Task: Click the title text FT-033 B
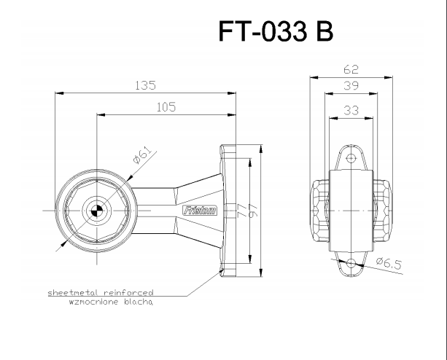point(276,31)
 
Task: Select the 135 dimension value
point(145,85)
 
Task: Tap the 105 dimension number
point(166,107)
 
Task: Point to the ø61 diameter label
point(143,155)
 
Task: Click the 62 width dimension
point(351,69)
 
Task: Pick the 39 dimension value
point(351,85)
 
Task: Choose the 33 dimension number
point(351,110)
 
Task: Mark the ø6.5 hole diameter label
point(389,263)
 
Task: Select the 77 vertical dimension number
point(241,210)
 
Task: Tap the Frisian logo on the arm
point(200,211)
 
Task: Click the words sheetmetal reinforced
point(101,292)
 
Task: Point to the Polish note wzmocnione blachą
point(111,302)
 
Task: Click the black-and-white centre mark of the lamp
point(96,211)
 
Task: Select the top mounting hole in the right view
point(351,158)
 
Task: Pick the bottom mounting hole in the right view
point(351,263)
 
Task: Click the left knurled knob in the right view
point(320,211)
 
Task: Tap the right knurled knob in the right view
point(383,211)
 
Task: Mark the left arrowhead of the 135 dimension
point(59,93)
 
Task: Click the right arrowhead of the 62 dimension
point(388,77)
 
